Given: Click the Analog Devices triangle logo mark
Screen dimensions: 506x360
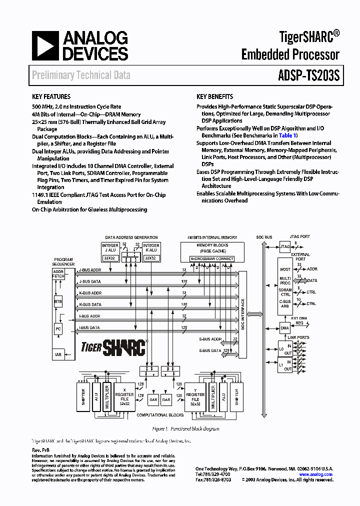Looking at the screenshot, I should (44, 45).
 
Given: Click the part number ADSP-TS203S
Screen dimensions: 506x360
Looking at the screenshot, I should (308, 75).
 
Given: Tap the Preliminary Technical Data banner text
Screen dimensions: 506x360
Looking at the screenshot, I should (81, 75).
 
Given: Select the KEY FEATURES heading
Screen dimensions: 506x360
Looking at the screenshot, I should (51, 97).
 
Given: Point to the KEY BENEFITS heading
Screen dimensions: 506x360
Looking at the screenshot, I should (214, 97).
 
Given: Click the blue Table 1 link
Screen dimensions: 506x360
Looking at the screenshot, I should (287, 135).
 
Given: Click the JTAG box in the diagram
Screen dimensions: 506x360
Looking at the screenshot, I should (284, 246).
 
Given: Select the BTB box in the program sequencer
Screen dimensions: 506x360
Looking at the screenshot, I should (58, 302).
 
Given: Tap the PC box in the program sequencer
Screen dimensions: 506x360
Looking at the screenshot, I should (58, 329).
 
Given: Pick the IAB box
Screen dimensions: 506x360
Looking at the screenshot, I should (58, 354).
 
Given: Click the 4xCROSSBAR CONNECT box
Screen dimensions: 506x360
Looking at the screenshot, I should (212, 258).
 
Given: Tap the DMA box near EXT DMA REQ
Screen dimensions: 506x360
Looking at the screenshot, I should (284, 328).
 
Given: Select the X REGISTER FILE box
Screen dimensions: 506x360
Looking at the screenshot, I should (124, 397).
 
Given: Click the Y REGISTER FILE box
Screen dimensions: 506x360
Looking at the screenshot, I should (195, 397).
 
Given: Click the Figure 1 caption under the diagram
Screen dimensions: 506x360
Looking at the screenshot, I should (185, 428).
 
